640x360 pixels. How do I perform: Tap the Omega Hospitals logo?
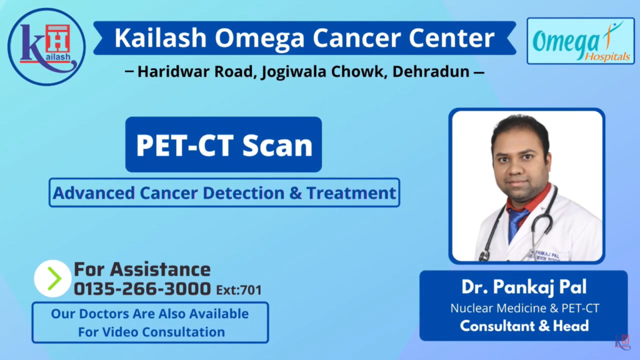tap(581, 41)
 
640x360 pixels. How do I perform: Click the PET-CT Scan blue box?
tap(223, 144)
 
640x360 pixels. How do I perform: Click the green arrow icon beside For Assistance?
tap(52, 278)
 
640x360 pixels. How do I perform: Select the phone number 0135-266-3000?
tap(142, 289)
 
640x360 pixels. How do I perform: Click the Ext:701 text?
tap(239, 290)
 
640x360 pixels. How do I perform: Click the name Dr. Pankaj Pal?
tap(524, 287)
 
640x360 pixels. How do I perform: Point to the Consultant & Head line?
tap(524, 326)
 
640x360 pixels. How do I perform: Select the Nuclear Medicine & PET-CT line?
tap(524, 307)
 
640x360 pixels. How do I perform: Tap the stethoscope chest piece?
tap(483, 256)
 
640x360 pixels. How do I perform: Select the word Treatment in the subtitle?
tap(351, 192)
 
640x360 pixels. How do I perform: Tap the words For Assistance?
tap(142, 269)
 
